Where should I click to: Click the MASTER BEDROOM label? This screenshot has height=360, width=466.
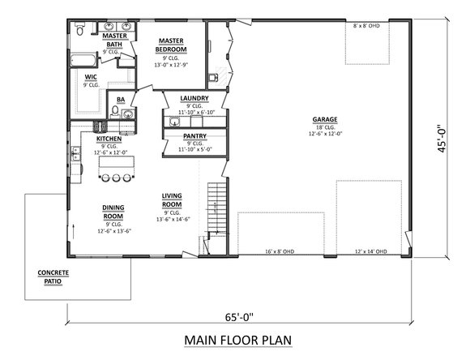click(173, 45)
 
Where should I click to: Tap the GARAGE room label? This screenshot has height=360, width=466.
click(325, 120)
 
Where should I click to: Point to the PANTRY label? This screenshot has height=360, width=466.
click(194, 136)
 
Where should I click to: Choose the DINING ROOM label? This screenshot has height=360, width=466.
click(113, 211)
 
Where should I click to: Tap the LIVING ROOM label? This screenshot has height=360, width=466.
click(171, 200)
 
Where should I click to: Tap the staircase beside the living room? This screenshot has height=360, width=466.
click(216, 207)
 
